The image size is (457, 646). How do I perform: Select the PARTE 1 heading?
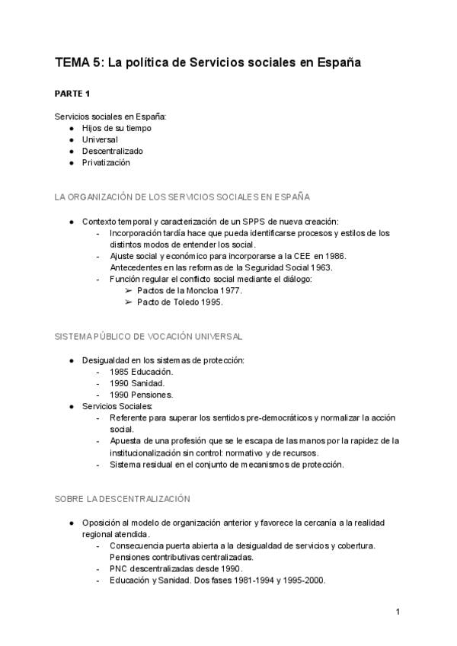tap(72, 94)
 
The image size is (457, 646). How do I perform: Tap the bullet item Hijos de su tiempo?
tap(117, 128)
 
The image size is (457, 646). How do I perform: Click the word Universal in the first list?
tap(100, 139)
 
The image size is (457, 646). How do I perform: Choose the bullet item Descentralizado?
tap(113, 151)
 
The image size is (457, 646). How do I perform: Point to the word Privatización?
tap(107, 162)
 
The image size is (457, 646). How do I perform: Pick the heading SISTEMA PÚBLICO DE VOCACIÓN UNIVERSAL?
tap(149, 336)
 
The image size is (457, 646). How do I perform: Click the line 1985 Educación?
tap(141, 372)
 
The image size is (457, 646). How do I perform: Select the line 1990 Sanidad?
tap(137, 383)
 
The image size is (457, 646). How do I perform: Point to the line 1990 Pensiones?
tap(141, 395)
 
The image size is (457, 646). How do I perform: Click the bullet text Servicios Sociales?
tap(117, 407)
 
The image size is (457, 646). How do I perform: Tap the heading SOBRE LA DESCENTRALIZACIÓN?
tap(122, 498)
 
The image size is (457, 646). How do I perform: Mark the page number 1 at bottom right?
tap(398, 611)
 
